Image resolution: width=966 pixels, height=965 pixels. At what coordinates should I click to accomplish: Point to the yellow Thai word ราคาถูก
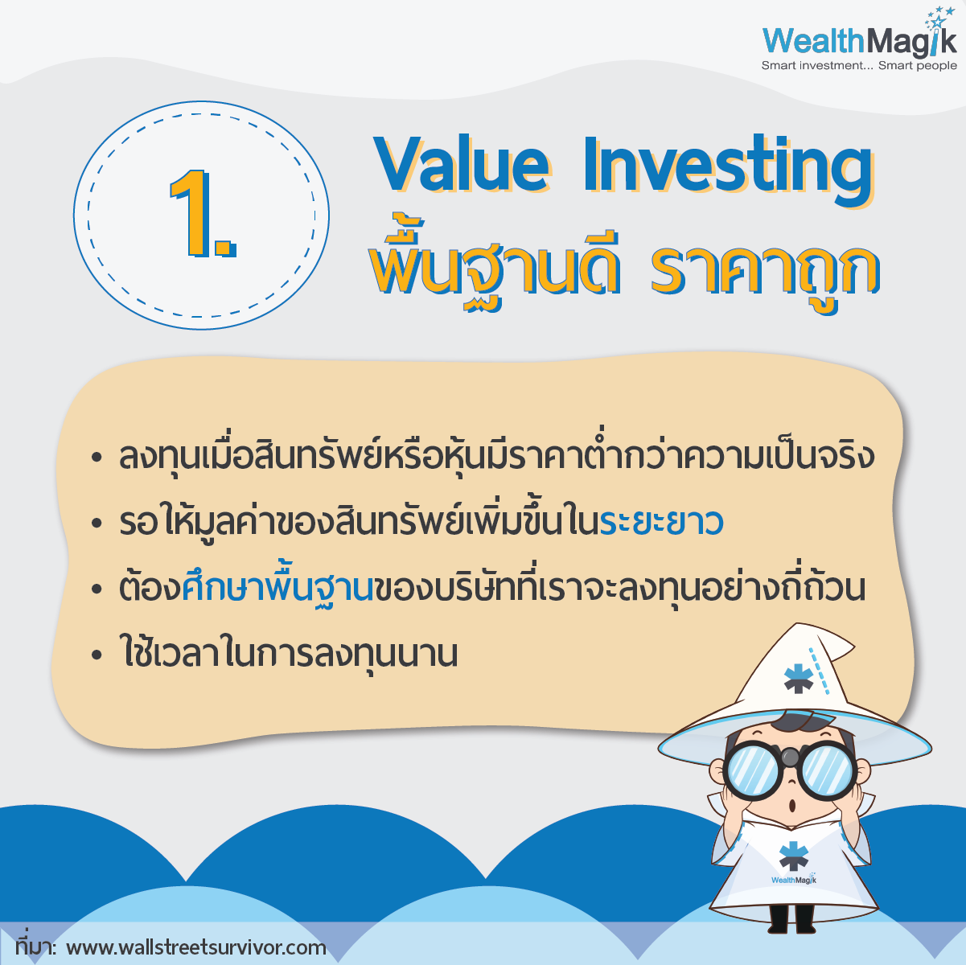765,271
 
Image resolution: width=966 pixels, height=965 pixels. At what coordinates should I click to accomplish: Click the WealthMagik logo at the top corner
859,39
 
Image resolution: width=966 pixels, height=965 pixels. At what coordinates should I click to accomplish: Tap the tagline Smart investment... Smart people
859,66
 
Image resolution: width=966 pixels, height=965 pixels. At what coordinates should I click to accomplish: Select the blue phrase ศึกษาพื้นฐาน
277,588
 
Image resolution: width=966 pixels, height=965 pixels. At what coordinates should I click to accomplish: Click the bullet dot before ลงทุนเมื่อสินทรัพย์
97,458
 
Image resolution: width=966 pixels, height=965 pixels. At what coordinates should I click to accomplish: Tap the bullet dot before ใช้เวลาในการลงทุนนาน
97,655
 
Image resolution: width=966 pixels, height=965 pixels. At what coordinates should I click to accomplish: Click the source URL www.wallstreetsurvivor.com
196,947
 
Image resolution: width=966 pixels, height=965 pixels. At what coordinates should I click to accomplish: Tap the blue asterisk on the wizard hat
798,678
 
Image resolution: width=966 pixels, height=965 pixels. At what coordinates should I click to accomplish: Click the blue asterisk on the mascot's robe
794,856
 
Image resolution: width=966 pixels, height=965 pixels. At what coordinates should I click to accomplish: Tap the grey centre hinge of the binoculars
790,757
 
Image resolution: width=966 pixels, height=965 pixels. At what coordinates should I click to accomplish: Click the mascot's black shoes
788,922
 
